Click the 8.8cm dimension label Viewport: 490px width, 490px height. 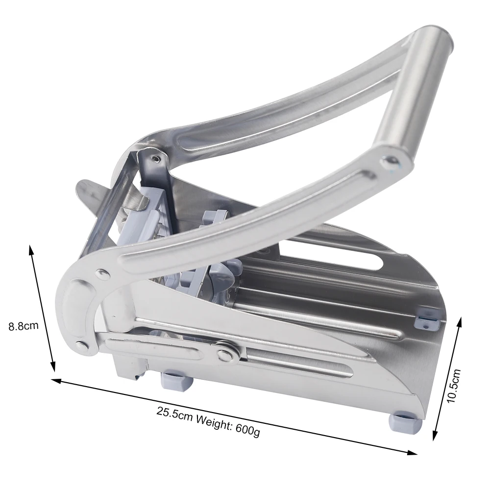coord(24,325)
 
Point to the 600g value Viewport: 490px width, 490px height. coord(247,427)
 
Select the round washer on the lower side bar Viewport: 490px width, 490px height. coord(226,352)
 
